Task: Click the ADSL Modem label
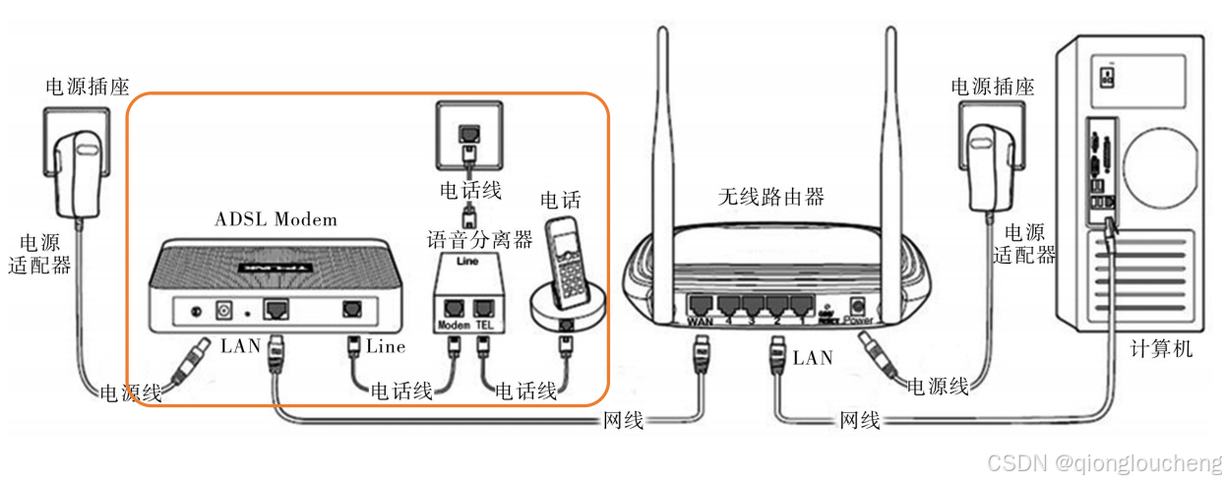pyautogui.click(x=276, y=218)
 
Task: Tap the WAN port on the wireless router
pyautogui.click(x=702, y=304)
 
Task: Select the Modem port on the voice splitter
pyautogui.click(x=454, y=307)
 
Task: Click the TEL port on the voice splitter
pyautogui.click(x=482, y=307)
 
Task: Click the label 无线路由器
pyautogui.click(x=770, y=197)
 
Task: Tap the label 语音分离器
pyautogui.click(x=478, y=239)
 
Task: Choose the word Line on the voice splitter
pyautogui.click(x=468, y=262)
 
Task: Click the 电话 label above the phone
pyautogui.click(x=560, y=200)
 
